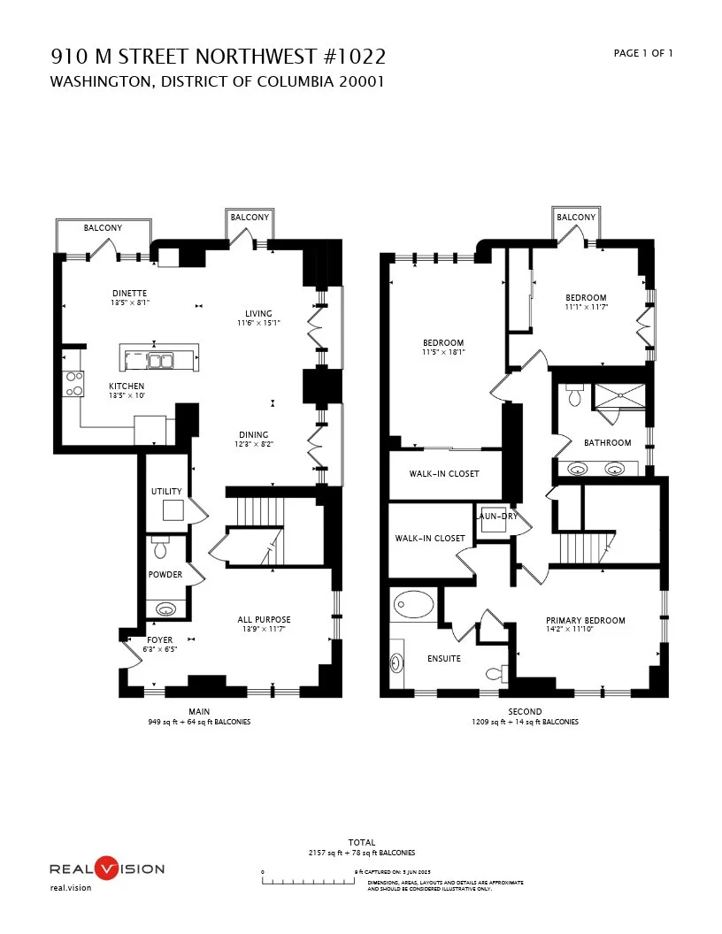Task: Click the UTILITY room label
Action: coord(166,492)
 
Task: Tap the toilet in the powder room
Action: coord(161,548)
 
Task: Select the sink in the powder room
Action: coord(165,609)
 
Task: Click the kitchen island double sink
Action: coord(159,359)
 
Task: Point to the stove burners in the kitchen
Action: coord(73,384)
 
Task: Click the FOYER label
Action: coord(160,639)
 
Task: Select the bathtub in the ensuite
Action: coord(412,606)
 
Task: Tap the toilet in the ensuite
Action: coord(496,673)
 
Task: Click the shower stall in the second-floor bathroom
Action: coord(619,397)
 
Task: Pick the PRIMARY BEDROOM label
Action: coord(585,621)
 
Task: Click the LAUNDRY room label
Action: coord(496,517)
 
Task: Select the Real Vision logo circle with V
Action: coord(106,868)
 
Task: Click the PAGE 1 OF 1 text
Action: coord(643,53)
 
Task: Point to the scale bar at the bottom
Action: coord(309,882)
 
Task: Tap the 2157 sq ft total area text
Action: coord(361,853)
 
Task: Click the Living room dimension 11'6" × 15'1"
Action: coord(258,323)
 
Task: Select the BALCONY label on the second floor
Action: coord(576,217)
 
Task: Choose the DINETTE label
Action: coord(129,293)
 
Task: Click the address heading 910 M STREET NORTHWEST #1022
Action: coord(218,57)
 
